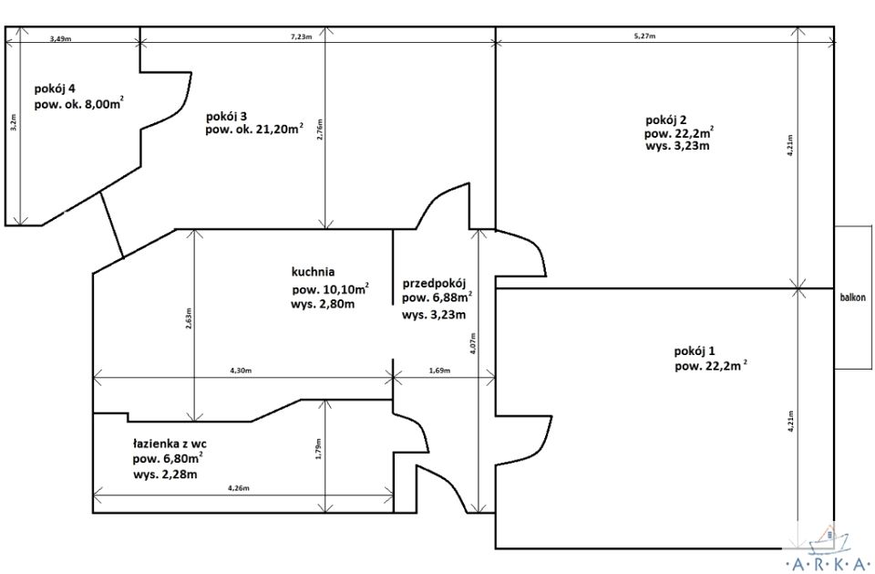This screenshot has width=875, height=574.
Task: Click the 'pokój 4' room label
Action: coord(55,89)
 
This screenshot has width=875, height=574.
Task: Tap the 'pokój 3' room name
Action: coord(227,116)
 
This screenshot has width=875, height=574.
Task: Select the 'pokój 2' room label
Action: coord(665,120)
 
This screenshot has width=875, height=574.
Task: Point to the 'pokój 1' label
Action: coord(695,351)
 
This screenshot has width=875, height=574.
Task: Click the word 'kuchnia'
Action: coord(313,272)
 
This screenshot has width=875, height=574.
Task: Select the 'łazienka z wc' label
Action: coord(170,444)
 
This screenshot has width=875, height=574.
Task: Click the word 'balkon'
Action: coord(853,297)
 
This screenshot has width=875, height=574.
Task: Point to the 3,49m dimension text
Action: coord(61,38)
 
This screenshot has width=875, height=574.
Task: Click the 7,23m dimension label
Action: coord(302,37)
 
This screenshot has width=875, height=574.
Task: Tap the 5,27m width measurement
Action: coord(644,37)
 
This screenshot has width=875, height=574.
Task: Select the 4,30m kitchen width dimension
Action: coord(241,370)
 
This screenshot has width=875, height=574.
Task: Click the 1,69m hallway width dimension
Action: coord(439,370)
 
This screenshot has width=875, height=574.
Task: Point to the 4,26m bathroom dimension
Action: coord(238,488)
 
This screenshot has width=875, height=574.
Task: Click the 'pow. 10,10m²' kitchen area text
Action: coord(330,289)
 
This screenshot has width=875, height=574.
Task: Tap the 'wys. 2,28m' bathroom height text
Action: coord(165,475)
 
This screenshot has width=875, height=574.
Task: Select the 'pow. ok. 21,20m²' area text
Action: coord(254,129)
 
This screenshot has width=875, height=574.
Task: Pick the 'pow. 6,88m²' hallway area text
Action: coord(437,297)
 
